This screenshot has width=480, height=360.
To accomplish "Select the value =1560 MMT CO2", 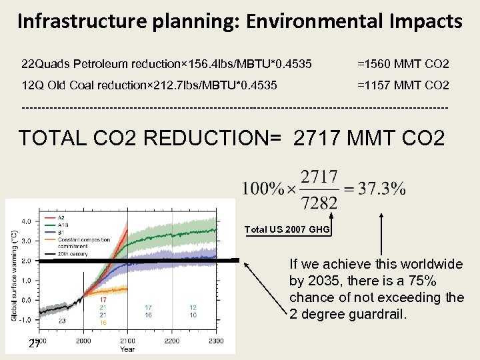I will pyautogui.click(x=403, y=65).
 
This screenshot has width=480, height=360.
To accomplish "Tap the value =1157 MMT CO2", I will pyautogui.click(x=403, y=86).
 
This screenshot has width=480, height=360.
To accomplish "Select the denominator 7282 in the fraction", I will pyautogui.click(x=320, y=202).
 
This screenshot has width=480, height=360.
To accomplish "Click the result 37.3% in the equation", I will pyautogui.click(x=381, y=189).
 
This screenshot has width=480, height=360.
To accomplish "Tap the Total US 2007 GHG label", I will pyautogui.click(x=287, y=229).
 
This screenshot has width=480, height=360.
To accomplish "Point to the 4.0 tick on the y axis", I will pyautogui.click(x=26, y=221).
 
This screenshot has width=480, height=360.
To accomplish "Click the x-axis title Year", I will pyautogui.click(x=127, y=349).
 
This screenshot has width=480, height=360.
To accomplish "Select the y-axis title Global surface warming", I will pyautogui.click(x=15, y=275).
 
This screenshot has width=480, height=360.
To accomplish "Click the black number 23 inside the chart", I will pyautogui.click(x=62, y=321).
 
